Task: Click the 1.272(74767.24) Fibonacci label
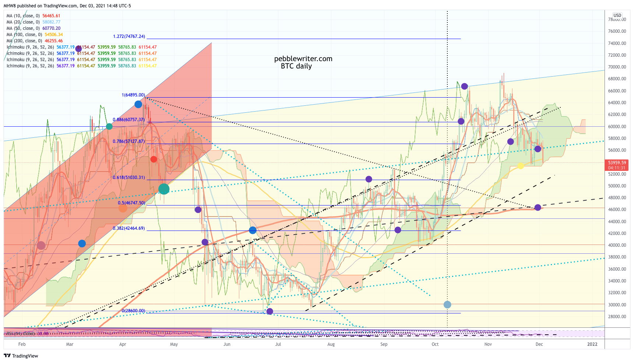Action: click(x=129, y=36)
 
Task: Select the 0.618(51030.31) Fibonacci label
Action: click(x=129, y=178)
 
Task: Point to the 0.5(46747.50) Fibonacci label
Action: click(x=131, y=203)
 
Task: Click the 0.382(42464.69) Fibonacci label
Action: click(x=129, y=228)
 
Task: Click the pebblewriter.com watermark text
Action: click(x=303, y=59)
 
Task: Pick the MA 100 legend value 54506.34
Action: click(x=53, y=35)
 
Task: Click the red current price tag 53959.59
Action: click(x=617, y=162)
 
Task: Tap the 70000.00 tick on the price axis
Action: click(x=617, y=67)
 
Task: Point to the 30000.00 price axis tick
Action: click(x=617, y=305)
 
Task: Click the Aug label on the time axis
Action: click(x=331, y=344)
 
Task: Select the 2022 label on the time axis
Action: click(x=592, y=344)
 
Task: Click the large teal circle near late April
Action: click(x=164, y=189)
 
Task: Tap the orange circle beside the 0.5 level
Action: click(x=123, y=208)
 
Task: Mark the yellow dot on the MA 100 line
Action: click(x=521, y=166)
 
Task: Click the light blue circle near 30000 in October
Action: click(x=447, y=305)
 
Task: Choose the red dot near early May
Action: click(x=154, y=159)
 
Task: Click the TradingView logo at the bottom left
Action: click(x=21, y=356)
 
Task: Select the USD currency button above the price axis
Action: click(x=617, y=15)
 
